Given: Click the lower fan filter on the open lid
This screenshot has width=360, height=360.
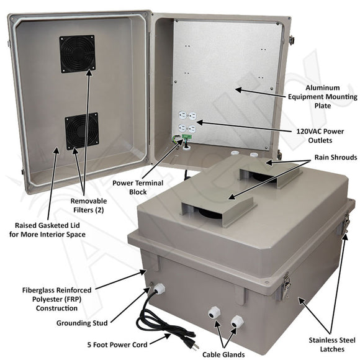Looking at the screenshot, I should click(x=81, y=130).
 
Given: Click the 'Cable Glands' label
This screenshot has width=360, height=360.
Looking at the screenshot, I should click(x=222, y=354).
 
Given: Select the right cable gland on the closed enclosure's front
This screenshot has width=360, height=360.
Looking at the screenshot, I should click(x=236, y=321).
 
